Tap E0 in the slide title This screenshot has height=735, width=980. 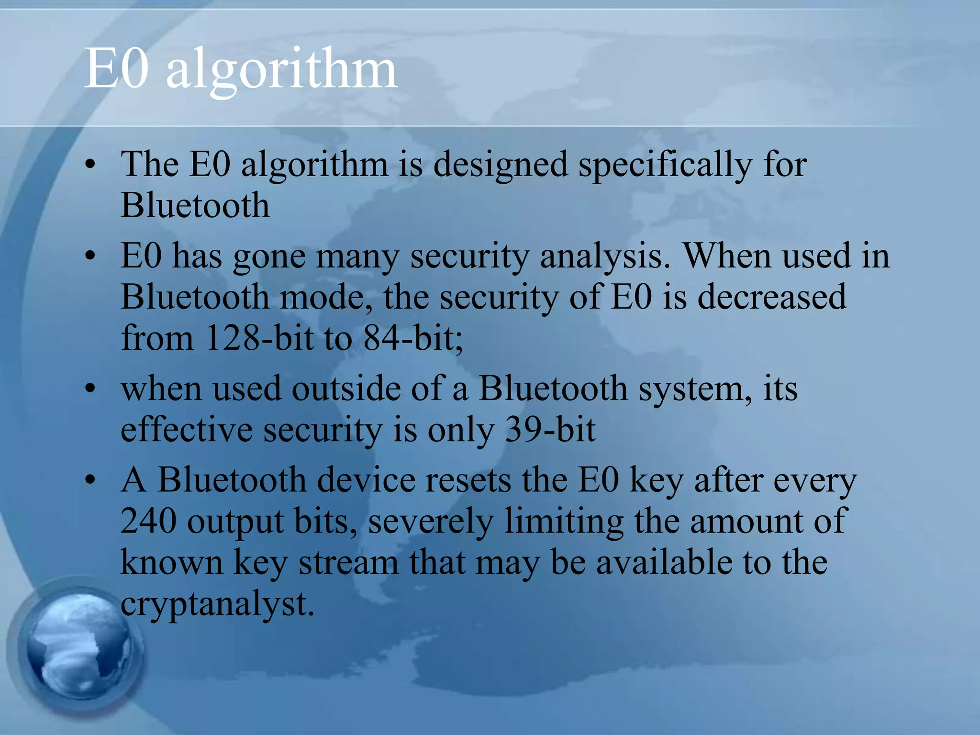116,70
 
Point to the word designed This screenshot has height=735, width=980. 500,166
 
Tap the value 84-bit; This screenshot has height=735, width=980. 413,338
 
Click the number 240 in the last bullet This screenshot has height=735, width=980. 148,521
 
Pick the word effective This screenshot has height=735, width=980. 187,429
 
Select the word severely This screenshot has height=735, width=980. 431,522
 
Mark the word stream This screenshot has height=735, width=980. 348,562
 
